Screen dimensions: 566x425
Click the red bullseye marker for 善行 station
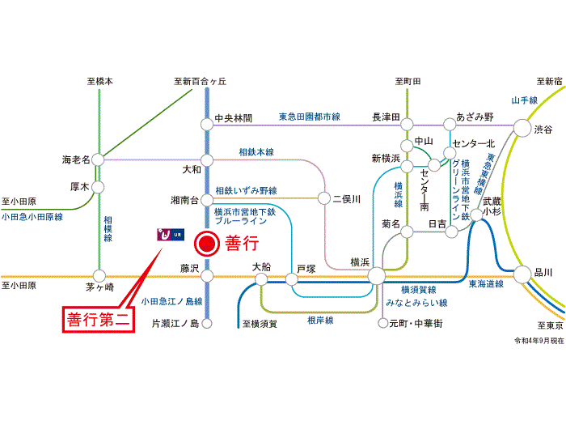pyautogui.click(x=207, y=244)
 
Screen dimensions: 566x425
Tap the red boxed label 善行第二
pyautogui.click(x=99, y=320)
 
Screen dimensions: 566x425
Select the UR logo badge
pyautogui.click(x=171, y=235)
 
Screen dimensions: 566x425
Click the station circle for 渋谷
pyautogui.click(x=522, y=128)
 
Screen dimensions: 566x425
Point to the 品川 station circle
pyautogui.click(x=522, y=274)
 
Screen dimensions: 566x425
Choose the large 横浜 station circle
pyautogui.click(x=377, y=276)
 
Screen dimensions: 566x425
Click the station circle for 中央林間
pyautogui.click(x=207, y=125)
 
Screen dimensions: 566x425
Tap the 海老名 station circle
pyautogui.click(x=98, y=159)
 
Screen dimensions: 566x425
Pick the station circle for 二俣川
pyautogui.click(x=323, y=198)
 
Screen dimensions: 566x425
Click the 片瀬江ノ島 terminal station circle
pyautogui.click(x=207, y=324)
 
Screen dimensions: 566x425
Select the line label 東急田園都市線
pyautogui.click(x=310, y=117)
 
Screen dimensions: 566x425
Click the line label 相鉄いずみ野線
pyautogui.click(x=246, y=190)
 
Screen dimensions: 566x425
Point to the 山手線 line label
pyautogui.click(x=525, y=100)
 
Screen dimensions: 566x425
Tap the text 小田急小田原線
pyautogui.click(x=32, y=217)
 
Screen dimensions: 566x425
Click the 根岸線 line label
pyautogui.click(x=320, y=321)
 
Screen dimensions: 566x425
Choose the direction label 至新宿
pyautogui.click(x=549, y=81)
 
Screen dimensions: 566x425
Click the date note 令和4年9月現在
pyautogui.click(x=539, y=341)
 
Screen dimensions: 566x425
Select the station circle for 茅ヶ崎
pyautogui.click(x=99, y=276)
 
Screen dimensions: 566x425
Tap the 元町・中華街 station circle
pyautogui.click(x=382, y=323)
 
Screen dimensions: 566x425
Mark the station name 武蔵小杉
pyautogui.click(x=492, y=206)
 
